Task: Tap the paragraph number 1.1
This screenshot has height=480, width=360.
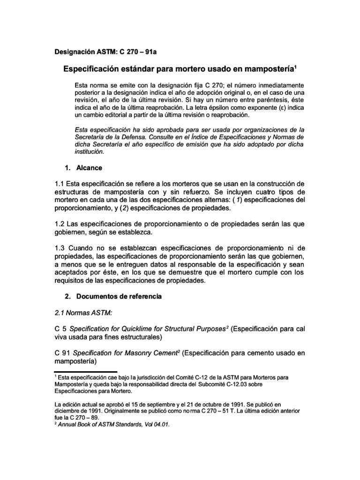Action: (61, 182)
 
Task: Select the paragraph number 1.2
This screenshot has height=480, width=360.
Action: (61, 224)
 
